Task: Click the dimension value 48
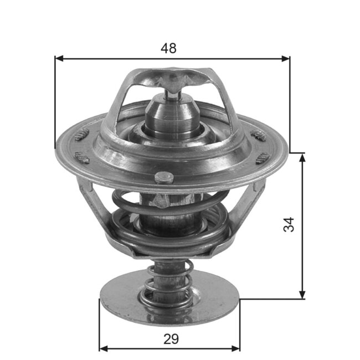[x=168, y=48]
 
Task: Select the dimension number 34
[x=289, y=224]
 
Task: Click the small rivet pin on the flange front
[x=162, y=177]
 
